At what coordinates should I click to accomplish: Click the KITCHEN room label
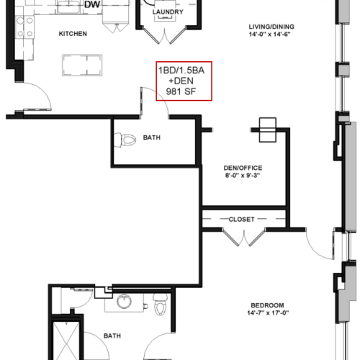tap(73, 34)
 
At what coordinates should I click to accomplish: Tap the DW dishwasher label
tap(92, 4)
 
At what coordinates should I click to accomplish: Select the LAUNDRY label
tap(168, 12)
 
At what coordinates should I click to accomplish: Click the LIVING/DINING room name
tap(271, 27)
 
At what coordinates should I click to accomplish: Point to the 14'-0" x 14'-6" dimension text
tap(269, 35)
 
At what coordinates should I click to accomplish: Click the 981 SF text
tap(181, 91)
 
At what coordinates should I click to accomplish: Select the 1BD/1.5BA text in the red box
tap(181, 71)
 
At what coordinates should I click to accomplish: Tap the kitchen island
tap(82, 66)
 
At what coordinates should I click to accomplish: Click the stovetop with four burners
tap(24, 27)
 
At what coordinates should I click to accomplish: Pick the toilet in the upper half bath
tap(125, 140)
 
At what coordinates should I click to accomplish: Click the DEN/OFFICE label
tap(243, 168)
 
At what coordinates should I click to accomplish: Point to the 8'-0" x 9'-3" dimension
tap(243, 176)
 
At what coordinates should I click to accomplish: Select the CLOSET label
tap(241, 220)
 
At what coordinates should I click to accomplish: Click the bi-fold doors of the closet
tap(244, 237)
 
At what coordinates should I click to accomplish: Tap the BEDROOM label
tap(267, 305)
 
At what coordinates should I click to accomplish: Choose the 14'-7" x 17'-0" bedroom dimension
tap(268, 313)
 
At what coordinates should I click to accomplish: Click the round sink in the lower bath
tap(124, 301)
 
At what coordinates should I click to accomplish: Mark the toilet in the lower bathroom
tap(160, 304)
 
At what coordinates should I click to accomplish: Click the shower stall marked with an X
tap(66, 341)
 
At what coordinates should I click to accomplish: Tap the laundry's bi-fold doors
tap(165, 35)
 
